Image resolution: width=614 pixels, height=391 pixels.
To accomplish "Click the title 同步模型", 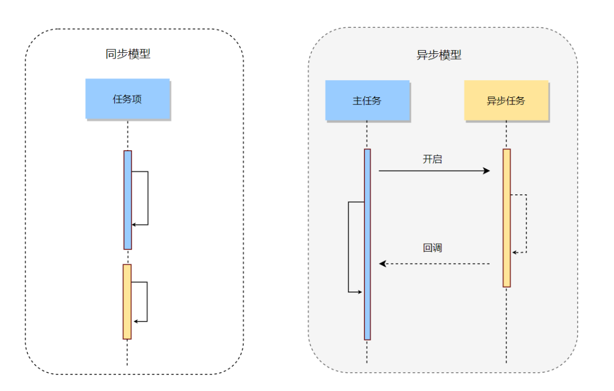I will [x=128, y=55].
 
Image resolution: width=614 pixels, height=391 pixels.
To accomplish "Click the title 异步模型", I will [x=439, y=55].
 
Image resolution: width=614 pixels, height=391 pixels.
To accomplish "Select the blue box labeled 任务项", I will [x=127, y=99].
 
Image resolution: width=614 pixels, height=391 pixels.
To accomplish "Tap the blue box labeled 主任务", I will [x=367, y=101].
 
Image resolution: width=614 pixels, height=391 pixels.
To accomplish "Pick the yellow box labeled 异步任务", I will [x=506, y=101].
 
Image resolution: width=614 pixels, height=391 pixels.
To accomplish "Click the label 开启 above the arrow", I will [x=432, y=159].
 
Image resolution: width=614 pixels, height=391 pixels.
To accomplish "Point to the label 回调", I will [x=432, y=248].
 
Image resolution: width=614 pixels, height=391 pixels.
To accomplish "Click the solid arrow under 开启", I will [x=432, y=170].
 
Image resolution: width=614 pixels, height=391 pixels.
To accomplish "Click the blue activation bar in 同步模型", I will [x=128, y=199].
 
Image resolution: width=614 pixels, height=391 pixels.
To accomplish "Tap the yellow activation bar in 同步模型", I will [x=127, y=301].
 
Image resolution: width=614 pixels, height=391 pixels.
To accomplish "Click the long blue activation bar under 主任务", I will [x=367, y=244].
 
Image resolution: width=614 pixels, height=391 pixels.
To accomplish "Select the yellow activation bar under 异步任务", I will [x=507, y=218].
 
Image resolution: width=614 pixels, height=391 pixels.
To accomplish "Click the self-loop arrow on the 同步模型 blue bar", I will [x=147, y=198].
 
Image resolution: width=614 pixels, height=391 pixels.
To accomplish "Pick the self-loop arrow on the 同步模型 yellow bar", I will [x=147, y=302].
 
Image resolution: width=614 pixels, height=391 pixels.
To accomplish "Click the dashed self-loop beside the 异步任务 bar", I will [x=526, y=223].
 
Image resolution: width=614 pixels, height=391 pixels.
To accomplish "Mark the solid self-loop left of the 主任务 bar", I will [x=349, y=247].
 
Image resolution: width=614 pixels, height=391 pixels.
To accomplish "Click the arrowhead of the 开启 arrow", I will [x=487, y=170].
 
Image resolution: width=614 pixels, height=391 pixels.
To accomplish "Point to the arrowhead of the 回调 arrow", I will [x=383, y=264].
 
